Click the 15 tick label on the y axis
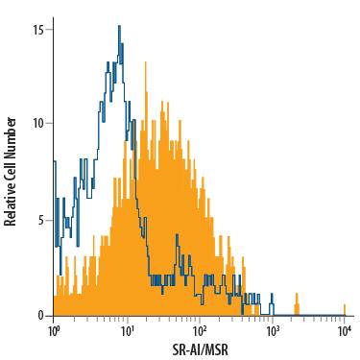(x=37, y=29)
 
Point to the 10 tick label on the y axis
(x=37, y=124)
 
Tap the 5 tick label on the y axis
(x=40, y=220)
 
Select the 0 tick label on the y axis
(x=40, y=315)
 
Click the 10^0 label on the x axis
(x=54, y=332)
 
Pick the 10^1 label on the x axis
(x=126, y=332)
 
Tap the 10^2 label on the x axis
(x=199, y=332)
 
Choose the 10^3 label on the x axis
(x=272, y=332)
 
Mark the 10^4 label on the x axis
(x=345, y=332)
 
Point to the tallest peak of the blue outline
(x=119, y=27)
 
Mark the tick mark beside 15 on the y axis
(x=50, y=29)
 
